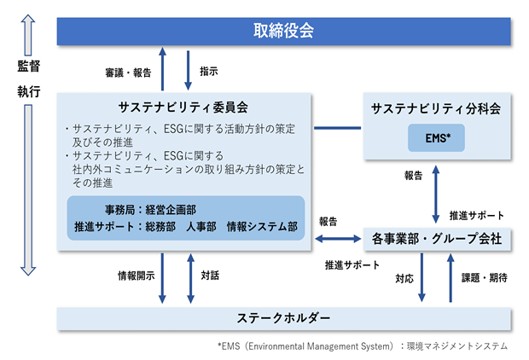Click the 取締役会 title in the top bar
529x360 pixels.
(x=283, y=31)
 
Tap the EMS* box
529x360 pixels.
(x=436, y=137)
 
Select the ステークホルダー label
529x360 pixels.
(x=283, y=318)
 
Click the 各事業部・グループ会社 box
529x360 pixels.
(x=437, y=239)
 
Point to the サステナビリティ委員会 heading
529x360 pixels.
(x=183, y=107)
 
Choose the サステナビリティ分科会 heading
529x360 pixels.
(x=436, y=108)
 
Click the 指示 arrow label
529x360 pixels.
(x=209, y=71)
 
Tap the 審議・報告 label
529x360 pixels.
(x=128, y=73)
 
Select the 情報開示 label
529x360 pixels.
(x=137, y=276)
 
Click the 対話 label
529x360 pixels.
(x=210, y=276)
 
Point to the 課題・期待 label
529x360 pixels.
(x=485, y=277)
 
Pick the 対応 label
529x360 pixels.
(x=404, y=279)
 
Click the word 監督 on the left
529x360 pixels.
(x=29, y=67)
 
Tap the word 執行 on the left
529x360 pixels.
(x=29, y=91)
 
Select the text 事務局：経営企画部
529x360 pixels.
(x=150, y=210)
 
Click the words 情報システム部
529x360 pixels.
(x=262, y=226)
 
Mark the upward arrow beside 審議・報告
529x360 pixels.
(x=163, y=69)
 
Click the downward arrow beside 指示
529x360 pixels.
(x=188, y=70)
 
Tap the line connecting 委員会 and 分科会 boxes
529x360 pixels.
(x=337, y=128)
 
